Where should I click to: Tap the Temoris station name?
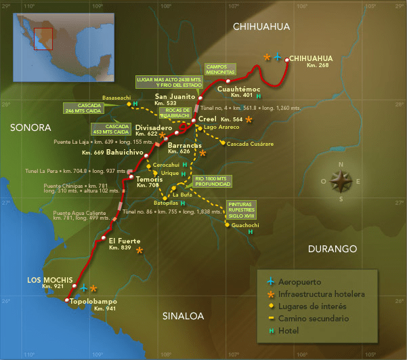150,178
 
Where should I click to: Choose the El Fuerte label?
125,241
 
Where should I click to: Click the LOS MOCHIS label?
45,279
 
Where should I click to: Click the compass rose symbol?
341,181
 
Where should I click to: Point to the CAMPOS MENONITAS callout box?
221,70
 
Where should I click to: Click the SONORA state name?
30,127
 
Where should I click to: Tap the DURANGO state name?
333,249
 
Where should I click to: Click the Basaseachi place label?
116,98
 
